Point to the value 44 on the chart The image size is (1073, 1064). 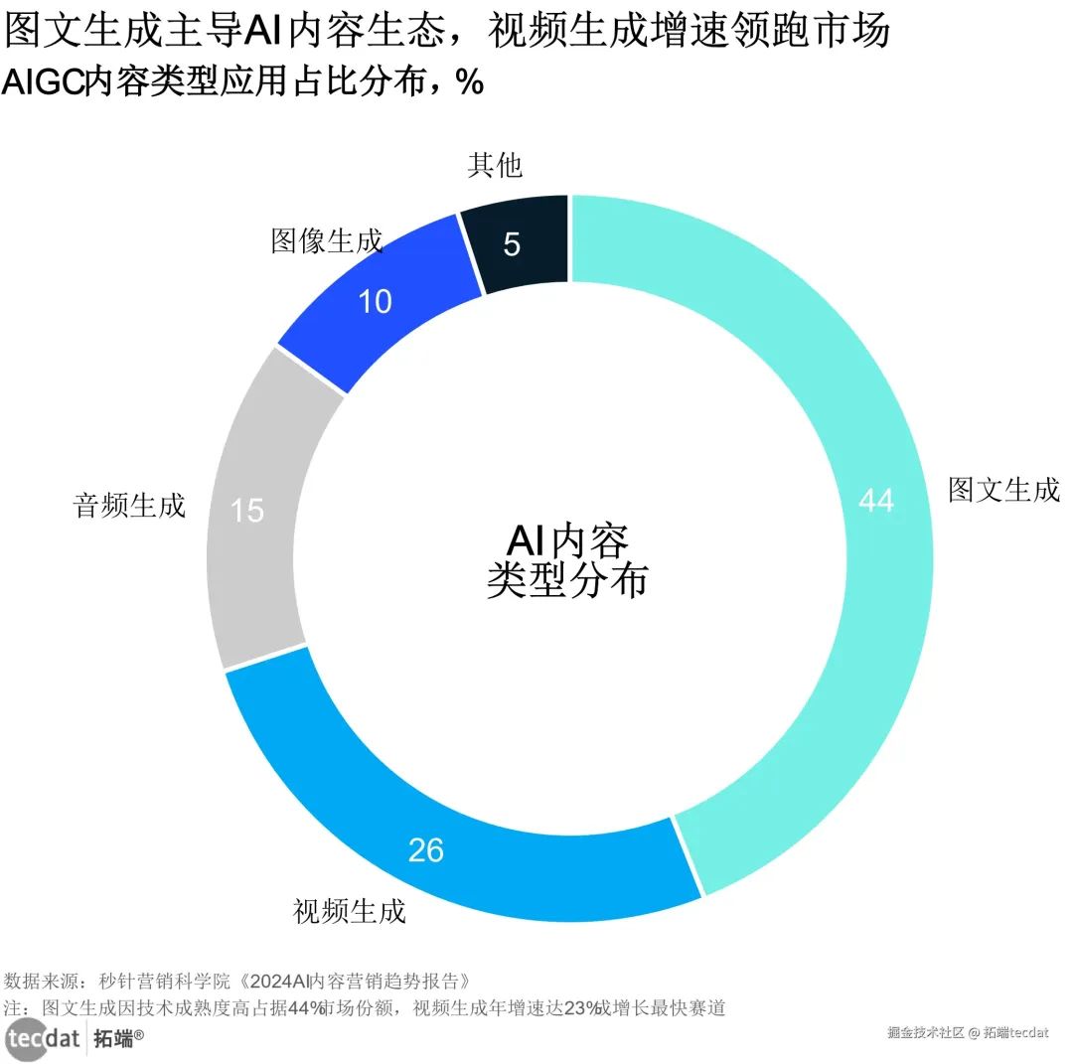point(875,501)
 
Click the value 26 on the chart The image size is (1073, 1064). point(425,850)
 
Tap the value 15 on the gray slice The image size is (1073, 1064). point(247,511)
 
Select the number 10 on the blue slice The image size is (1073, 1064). point(375,301)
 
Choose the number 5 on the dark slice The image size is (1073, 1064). point(512,244)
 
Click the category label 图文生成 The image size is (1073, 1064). point(1003,490)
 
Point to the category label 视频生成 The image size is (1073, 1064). point(350,911)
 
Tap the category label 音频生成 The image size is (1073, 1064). point(129,505)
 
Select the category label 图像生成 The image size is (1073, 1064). point(327,240)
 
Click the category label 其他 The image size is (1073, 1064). point(495,165)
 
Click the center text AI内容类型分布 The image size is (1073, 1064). point(567,561)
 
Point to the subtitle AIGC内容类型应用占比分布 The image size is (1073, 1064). point(243,82)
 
